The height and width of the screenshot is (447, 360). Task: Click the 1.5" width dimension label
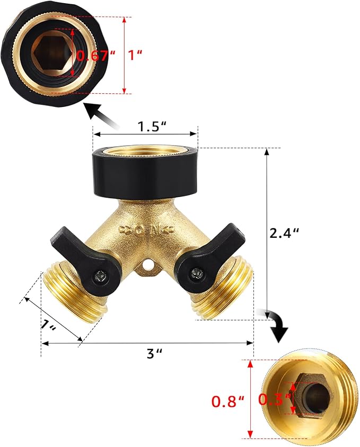point(153,127)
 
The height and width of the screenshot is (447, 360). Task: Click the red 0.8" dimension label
point(228,401)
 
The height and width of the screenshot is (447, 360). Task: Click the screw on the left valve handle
point(99,275)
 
